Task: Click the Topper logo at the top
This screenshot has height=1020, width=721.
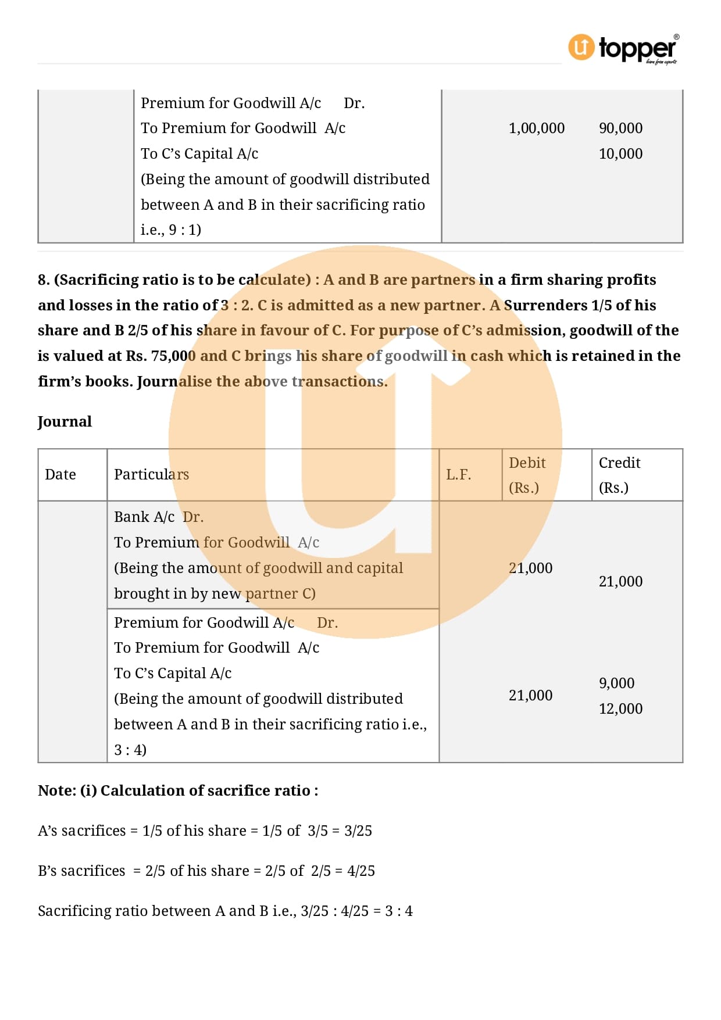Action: pyautogui.click(x=623, y=49)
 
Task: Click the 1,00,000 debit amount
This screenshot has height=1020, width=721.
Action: pyautogui.click(x=536, y=128)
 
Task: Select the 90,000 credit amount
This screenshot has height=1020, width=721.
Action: pyautogui.click(x=620, y=128)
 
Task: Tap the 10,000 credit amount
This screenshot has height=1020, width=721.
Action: pyautogui.click(x=620, y=154)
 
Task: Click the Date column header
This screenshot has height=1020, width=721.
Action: pyautogui.click(x=60, y=475)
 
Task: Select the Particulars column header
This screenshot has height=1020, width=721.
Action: pyautogui.click(x=151, y=475)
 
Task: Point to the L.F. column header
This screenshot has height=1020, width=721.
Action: pyautogui.click(x=458, y=475)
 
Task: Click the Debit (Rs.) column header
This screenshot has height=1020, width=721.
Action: pyautogui.click(x=527, y=475)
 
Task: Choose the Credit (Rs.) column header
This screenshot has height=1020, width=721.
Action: pyautogui.click(x=619, y=475)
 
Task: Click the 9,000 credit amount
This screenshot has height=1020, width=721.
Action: pyautogui.click(x=616, y=683)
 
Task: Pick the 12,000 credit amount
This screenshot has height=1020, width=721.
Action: pyautogui.click(x=620, y=709)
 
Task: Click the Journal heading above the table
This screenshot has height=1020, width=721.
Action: pyautogui.click(x=65, y=422)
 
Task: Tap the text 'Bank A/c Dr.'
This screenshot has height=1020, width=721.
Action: pyautogui.click(x=158, y=517)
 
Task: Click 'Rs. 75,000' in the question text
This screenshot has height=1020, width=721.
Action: pyautogui.click(x=156, y=356)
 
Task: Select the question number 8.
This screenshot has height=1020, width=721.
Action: pyautogui.click(x=43, y=280)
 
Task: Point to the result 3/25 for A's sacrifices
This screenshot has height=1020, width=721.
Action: pyautogui.click(x=358, y=831)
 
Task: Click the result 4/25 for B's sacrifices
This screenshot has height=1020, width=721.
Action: pyautogui.click(x=360, y=871)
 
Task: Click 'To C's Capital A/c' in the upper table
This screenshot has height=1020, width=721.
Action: pyautogui.click(x=199, y=154)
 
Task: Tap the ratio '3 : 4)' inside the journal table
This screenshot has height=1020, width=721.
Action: pyautogui.click(x=130, y=750)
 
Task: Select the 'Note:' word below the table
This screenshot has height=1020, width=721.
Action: pyautogui.click(x=56, y=791)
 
